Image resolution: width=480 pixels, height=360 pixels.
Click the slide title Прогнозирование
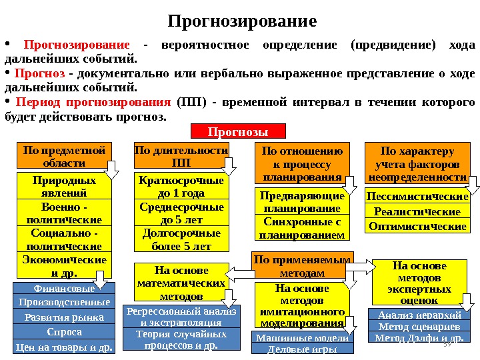coord(241,21)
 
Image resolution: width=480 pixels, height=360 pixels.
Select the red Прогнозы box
coord(238,131)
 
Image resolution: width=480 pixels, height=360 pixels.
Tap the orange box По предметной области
coord(63,157)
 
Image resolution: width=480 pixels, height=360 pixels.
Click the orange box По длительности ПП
coord(181,157)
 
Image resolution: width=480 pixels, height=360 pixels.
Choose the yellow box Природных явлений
coord(63,186)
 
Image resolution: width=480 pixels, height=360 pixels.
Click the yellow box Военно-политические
coord(63,213)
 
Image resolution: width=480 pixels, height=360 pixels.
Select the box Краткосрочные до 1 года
coord(181,186)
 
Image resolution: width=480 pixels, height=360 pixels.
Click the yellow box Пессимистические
coord(418,197)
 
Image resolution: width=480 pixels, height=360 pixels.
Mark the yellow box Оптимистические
coord(418,227)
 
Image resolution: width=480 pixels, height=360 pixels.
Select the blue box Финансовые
coord(63,288)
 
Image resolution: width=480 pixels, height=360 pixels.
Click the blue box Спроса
coord(63,332)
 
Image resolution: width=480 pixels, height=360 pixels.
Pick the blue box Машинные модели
coord(302,338)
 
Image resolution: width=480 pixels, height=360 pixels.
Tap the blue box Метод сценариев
coord(419,327)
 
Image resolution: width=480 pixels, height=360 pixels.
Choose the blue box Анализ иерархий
coord(419,315)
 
